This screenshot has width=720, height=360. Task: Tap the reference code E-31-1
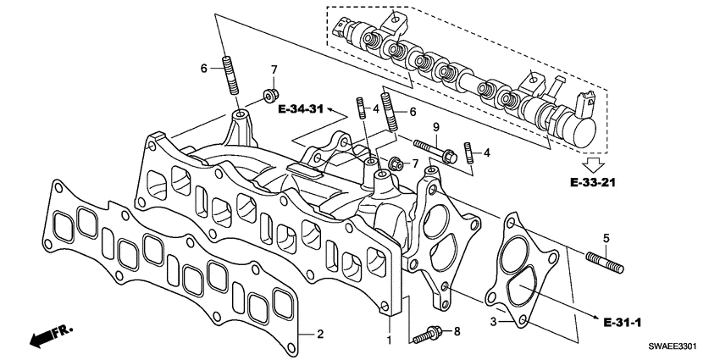(x=623, y=323)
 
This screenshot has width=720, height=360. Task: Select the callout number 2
(x=320, y=333)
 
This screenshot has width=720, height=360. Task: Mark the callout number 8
(x=457, y=331)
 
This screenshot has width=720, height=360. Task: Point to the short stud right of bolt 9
(x=467, y=154)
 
